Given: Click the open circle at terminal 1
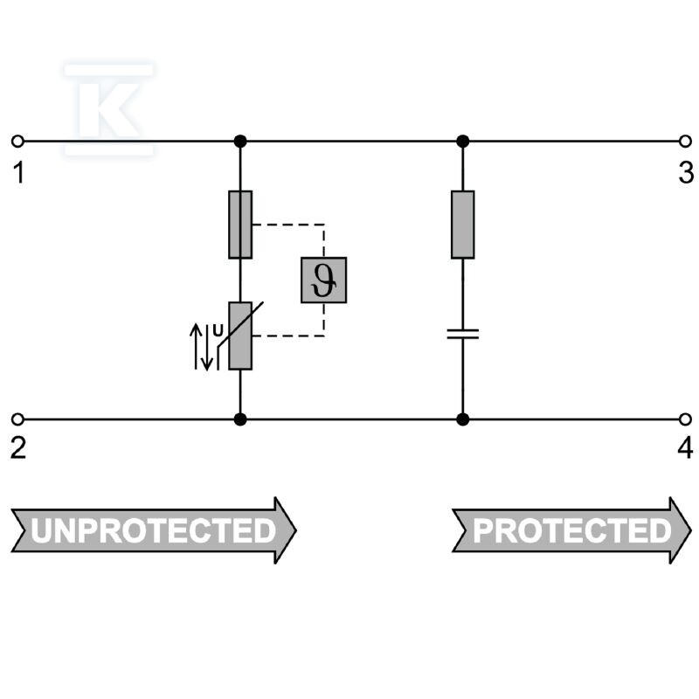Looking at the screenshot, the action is coord(17,142).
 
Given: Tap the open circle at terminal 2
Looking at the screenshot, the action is coord(17,419).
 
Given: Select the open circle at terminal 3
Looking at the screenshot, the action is coord(685,142).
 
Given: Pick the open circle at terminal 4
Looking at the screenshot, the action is coord(685,419).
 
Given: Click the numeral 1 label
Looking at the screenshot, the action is coord(18,173).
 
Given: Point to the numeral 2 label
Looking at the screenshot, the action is coord(18,448).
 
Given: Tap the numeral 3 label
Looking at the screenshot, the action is coord(686,172).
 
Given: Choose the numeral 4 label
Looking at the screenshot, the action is coord(686,448).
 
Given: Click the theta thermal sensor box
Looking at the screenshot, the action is coord(323,280).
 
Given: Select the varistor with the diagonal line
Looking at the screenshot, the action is coord(240,336).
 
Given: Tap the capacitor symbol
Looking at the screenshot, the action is coord(463,335).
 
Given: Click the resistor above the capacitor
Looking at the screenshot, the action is coord(463,225).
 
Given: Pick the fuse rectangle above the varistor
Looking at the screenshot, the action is coord(240,225).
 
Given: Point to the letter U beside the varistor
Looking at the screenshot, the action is coord(218,331).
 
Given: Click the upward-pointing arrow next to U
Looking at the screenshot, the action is coord(196,346).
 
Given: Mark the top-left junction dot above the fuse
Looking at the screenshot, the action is coord(240,142).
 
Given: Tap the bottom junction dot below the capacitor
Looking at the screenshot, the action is coord(463,419).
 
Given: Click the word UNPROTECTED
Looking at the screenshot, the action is coord(154,530).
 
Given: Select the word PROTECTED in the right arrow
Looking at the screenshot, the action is coord(572,530).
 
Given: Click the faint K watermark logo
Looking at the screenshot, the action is coord(109,109).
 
